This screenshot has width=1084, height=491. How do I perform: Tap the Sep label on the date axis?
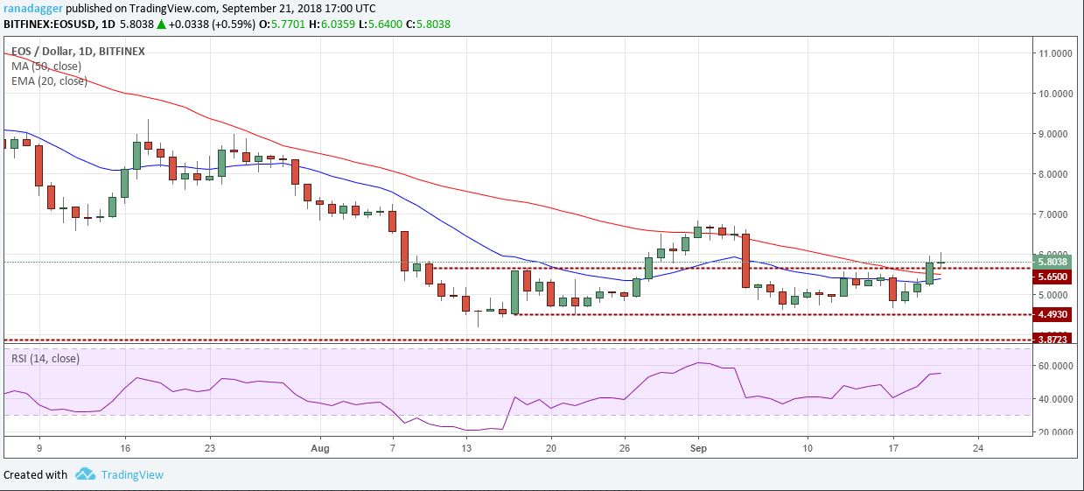point(697,446)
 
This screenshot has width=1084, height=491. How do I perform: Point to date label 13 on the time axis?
point(467,446)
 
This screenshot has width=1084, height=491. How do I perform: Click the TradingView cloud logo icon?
point(85,474)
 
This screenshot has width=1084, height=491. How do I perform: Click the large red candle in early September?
point(745,260)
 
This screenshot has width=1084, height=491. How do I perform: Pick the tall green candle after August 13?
point(515,291)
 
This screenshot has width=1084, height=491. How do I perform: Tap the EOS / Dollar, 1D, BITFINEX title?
point(77,52)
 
